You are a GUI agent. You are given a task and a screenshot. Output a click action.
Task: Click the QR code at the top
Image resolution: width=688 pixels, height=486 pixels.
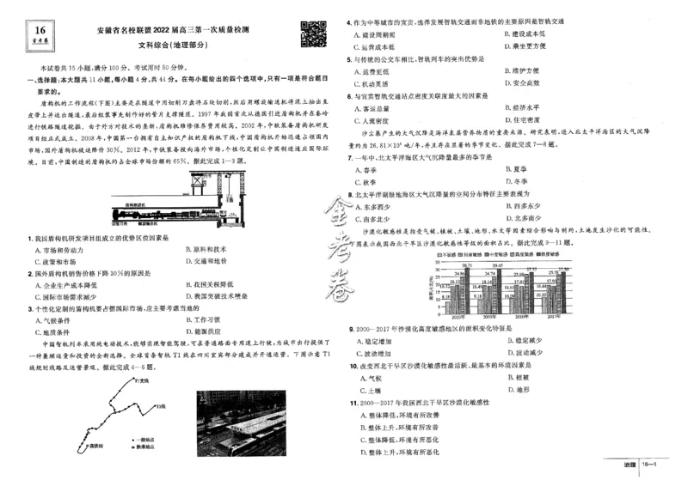click(310, 33)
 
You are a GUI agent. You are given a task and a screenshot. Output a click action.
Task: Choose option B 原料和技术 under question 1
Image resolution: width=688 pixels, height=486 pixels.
click(206, 249)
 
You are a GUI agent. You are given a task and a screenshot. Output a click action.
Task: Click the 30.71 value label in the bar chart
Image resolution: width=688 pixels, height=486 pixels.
click(468, 264)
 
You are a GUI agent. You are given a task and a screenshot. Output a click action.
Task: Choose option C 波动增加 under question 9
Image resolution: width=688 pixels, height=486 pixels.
click(378, 353)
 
